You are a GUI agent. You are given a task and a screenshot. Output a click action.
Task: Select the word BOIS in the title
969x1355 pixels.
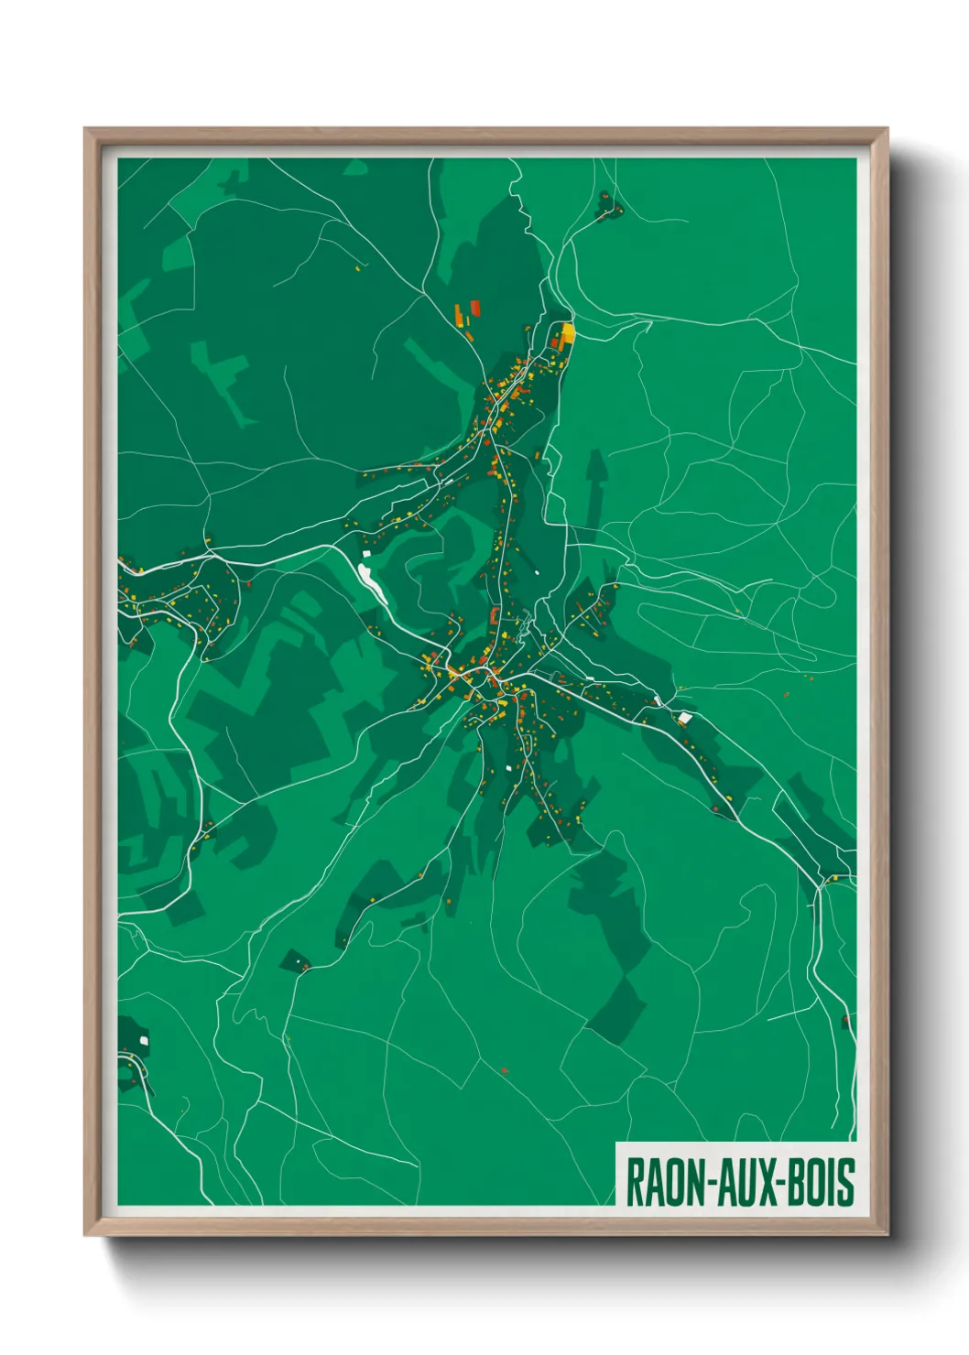point(820,1181)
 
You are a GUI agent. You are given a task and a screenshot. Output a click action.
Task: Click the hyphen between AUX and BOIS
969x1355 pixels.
point(778,1183)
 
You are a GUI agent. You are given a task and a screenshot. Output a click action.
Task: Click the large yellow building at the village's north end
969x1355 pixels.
point(568,332)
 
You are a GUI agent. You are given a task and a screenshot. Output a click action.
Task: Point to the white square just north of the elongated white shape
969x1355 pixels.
point(364,553)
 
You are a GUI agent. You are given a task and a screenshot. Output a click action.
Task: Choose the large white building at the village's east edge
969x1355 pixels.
point(683,718)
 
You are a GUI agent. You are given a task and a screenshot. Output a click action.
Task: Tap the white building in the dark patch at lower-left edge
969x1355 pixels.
point(144,1041)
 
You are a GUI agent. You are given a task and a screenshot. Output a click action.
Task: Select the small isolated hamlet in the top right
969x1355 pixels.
point(606,206)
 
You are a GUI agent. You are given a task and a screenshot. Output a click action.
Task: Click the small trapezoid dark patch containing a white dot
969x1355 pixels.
point(296,961)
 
